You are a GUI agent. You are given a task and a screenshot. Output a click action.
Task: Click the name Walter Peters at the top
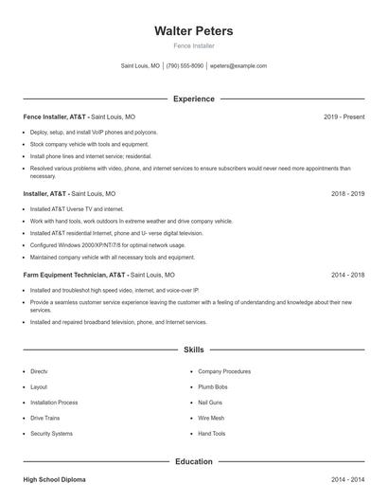click(194, 31)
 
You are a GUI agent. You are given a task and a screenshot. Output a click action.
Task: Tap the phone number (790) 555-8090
click(185, 66)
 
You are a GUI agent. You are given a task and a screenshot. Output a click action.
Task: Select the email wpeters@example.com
click(238, 66)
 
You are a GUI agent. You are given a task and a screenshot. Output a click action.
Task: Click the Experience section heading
click(194, 99)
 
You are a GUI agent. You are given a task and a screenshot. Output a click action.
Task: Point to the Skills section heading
click(194, 350)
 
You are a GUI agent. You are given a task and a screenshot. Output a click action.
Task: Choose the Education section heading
click(194, 461)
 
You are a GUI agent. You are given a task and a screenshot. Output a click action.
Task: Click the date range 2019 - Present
click(344, 117)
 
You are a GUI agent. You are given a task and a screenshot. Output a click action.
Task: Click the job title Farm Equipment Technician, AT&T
click(75, 275)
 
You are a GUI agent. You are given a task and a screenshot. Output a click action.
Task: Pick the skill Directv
click(39, 372)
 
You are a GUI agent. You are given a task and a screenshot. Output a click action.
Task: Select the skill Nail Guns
click(210, 403)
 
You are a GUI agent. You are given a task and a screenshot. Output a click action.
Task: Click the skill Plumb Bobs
click(213, 387)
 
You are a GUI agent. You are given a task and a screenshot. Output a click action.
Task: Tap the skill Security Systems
click(51, 433)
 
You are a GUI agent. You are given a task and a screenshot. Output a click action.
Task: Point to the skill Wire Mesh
click(211, 418)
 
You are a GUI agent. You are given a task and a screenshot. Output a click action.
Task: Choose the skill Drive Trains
click(45, 418)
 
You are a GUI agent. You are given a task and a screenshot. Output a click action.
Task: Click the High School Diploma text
click(54, 480)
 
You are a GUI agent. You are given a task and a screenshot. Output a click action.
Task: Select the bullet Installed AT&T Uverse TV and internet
click(77, 208)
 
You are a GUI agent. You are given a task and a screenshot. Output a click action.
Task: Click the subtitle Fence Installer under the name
click(194, 45)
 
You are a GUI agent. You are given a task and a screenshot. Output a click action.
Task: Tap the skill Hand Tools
click(212, 433)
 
